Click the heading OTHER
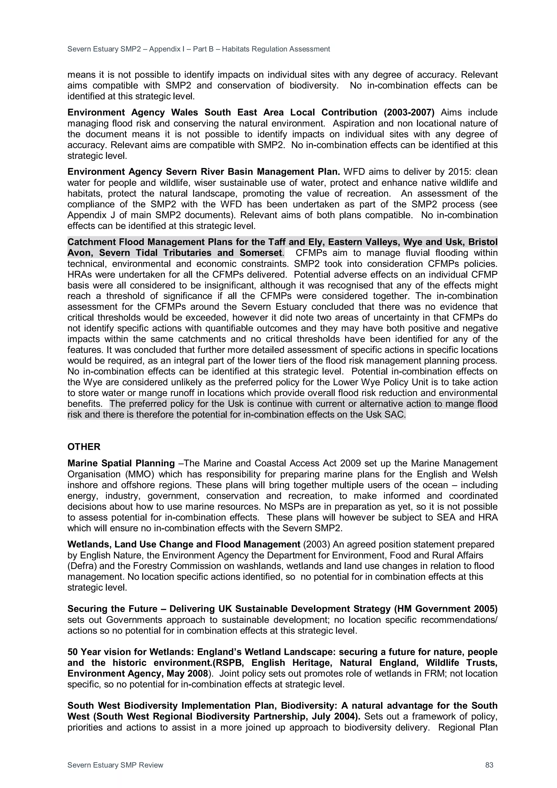tap(84, 447)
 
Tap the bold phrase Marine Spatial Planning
tap(121, 463)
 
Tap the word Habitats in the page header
tap(236, 49)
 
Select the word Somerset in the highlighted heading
tap(261, 253)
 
